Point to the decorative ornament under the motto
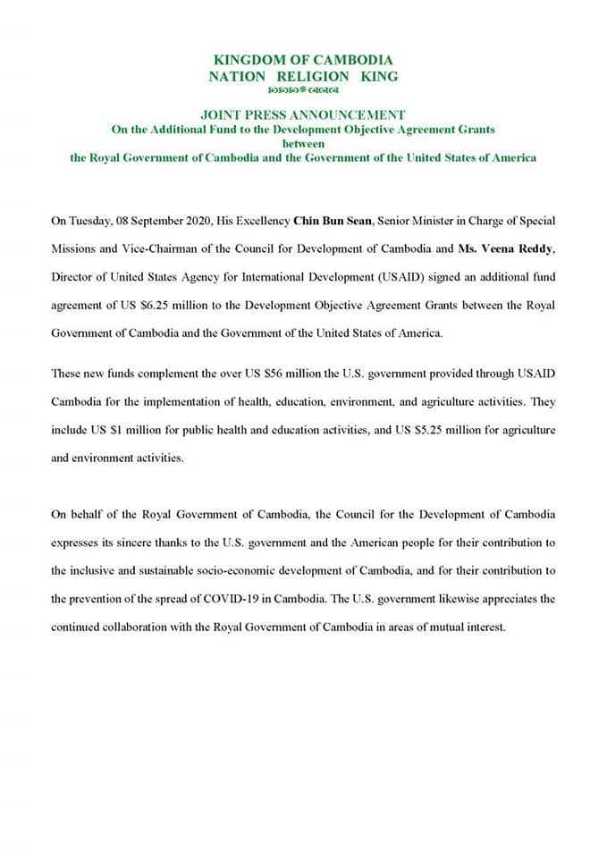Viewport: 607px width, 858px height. tap(303, 91)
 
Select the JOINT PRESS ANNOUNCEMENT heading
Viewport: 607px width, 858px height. tap(303, 115)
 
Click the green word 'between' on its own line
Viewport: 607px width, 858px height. tap(303, 143)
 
